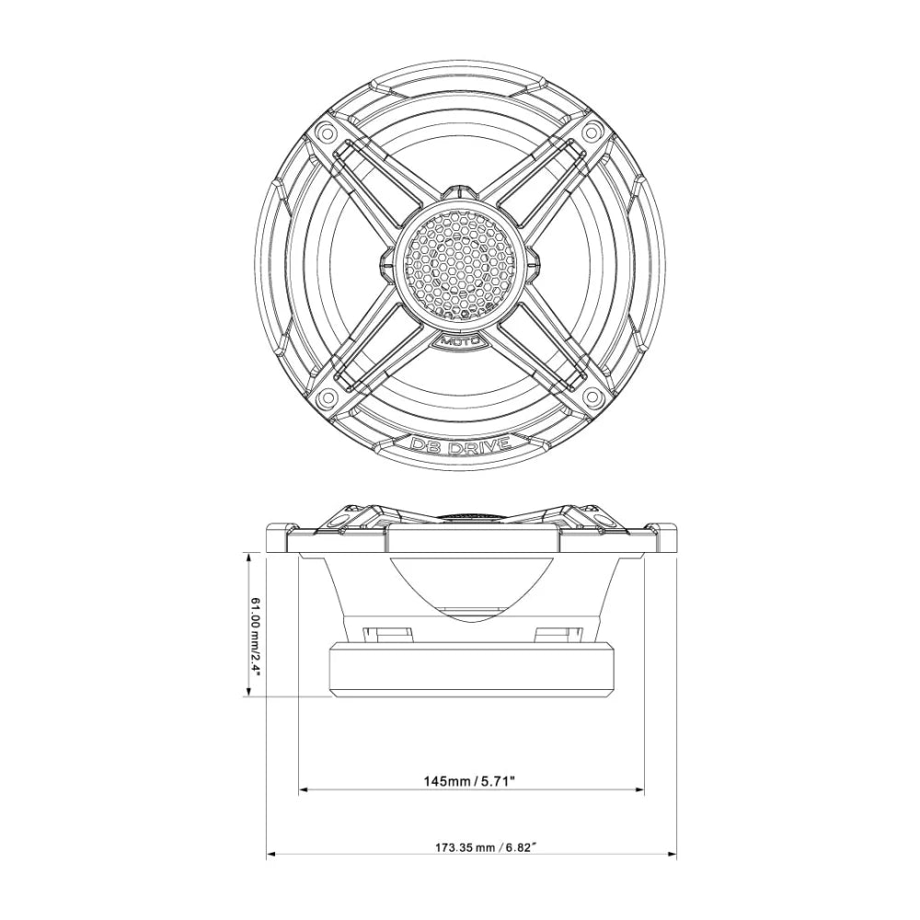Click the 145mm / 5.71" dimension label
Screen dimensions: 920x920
(x=469, y=782)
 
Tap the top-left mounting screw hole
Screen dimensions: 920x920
(x=324, y=132)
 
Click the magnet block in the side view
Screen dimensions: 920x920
(x=472, y=671)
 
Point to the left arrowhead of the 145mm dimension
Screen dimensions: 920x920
(x=305, y=789)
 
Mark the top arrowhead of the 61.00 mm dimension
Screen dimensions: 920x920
(x=248, y=555)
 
